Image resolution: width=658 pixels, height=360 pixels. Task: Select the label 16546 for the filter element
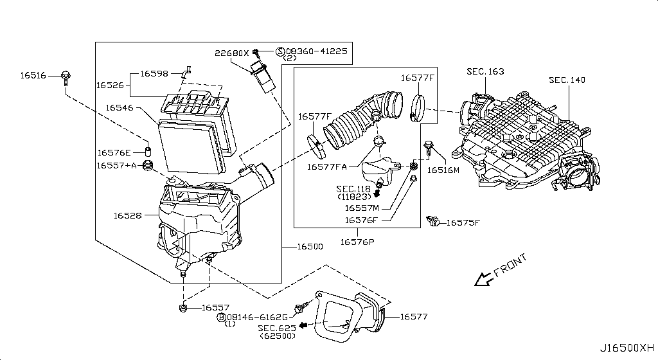120,109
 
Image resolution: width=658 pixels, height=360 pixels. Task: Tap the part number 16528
128,215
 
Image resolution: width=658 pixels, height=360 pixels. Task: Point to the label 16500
310,247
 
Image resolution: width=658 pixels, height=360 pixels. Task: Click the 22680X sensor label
231,53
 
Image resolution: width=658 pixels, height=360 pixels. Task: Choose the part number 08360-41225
316,51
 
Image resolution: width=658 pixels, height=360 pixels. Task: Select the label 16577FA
327,167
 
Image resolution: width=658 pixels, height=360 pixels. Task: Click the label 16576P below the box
358,242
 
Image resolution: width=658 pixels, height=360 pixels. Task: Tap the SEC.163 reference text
485,72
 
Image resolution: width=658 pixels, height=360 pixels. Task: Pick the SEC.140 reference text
567,80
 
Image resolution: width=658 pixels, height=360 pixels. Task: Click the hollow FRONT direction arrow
481,278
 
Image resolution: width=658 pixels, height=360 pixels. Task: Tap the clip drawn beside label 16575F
433,222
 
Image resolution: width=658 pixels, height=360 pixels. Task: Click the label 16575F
463,223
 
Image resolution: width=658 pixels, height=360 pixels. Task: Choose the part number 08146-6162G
257,317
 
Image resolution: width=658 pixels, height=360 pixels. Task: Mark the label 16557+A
118,165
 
